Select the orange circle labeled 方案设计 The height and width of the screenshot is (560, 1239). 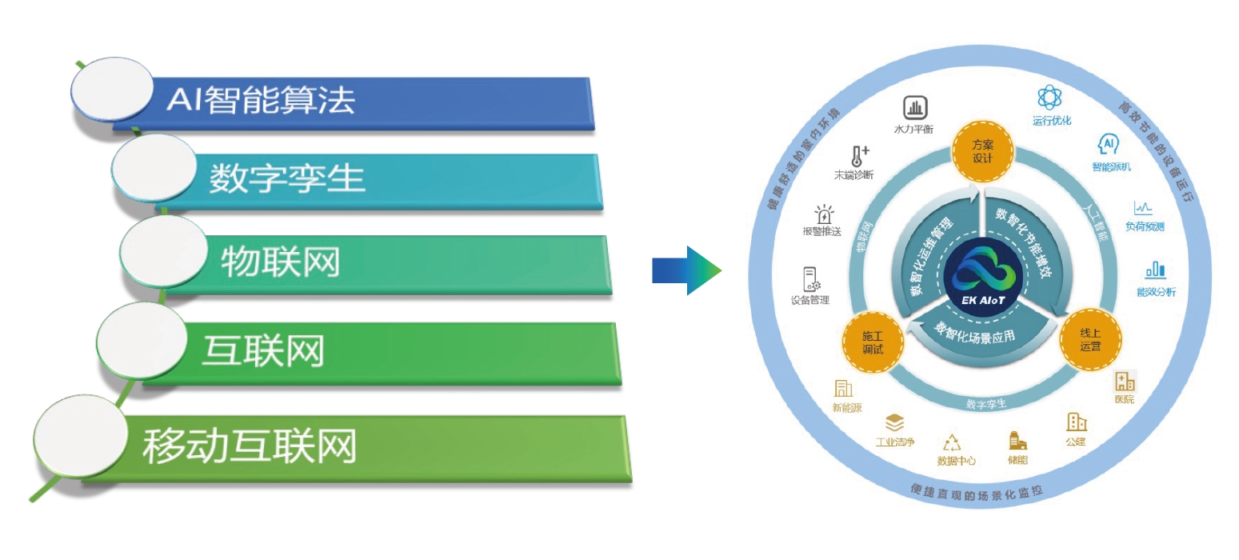tap(982, 151)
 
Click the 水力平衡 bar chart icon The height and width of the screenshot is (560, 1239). tap(914, 108)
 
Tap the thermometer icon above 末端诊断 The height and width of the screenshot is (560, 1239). tap(860, 156)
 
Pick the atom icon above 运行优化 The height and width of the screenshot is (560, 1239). tap(1049, 98)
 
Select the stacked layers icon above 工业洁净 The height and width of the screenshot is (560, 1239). tap(894, 423)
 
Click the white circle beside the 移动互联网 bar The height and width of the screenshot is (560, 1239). tap(79, 434)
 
